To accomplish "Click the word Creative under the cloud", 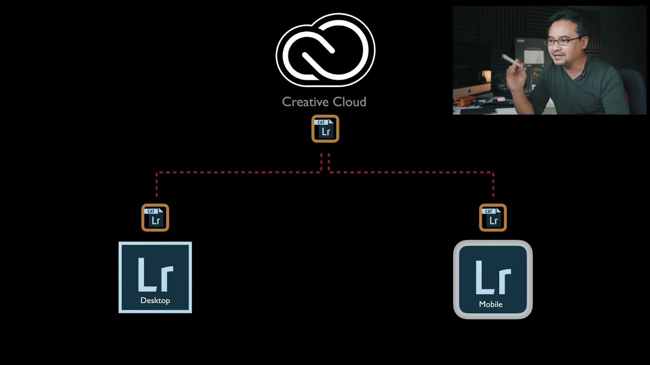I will pos(303,102).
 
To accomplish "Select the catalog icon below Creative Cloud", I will pos(325,129).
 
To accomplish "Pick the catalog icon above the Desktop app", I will pos(155,218).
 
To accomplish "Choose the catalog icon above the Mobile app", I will pos(493,218).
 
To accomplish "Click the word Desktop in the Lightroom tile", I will pos(155,301).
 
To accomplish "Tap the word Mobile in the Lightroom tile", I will pos(491,304).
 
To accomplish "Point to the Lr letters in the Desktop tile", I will pos(155,275).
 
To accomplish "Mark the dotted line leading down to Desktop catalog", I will pos(156,185).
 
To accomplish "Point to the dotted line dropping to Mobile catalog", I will pos(493,185).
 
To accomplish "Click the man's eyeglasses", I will pos(562,41).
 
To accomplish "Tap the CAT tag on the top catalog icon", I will pos(321,122).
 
